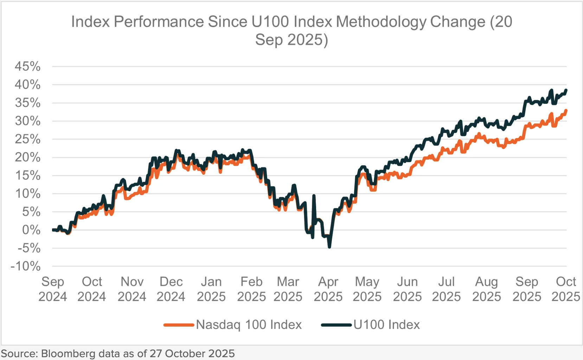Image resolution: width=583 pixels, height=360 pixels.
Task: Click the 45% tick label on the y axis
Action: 27,66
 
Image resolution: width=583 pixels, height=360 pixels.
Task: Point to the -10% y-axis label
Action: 26,266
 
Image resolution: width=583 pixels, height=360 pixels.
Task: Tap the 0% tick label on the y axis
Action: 31,230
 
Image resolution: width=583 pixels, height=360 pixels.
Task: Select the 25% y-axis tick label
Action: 27,139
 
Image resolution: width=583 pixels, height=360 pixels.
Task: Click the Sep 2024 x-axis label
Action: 53,289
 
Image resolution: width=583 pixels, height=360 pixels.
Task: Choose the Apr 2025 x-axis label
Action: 328,289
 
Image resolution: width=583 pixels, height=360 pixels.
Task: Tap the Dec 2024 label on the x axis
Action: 171,289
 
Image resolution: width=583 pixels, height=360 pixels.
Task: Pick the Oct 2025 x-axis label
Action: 566,289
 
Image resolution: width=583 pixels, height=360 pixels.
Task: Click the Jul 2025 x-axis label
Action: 446,289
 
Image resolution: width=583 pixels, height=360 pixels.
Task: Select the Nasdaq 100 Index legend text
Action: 249,324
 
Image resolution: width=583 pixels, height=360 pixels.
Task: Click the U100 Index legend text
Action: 387,324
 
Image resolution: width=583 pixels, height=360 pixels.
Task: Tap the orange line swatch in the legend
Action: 179,325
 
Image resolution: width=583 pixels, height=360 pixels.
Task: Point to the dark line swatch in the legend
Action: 337,325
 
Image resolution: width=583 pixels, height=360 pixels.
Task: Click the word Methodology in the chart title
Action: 382,22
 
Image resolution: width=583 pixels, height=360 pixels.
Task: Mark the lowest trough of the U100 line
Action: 329,247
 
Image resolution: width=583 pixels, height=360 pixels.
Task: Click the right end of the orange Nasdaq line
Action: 566,111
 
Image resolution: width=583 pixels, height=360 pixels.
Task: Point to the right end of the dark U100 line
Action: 566,90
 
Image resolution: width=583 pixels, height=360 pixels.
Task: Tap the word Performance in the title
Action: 159,22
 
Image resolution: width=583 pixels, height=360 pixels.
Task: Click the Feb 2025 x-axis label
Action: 251,289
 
